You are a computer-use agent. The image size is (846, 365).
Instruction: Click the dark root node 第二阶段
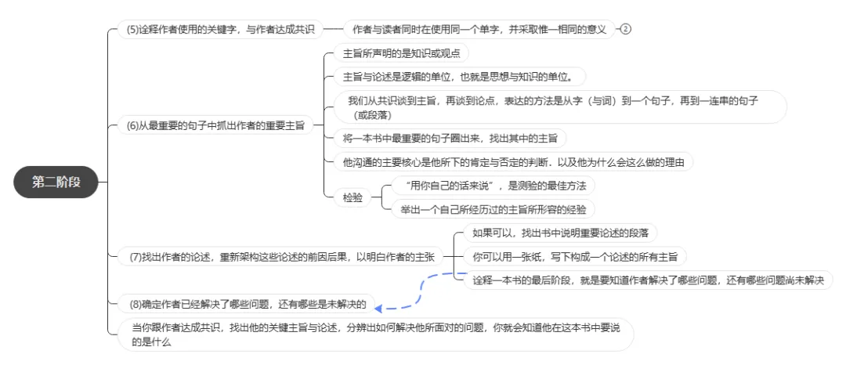click(x=54, y=182)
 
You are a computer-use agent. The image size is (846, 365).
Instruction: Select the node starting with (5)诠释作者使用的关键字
click(x=220, y=29)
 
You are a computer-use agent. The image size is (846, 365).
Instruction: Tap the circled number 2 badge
click(x=625, y=29)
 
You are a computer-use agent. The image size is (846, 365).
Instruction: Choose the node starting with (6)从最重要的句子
click(x=215, y=125)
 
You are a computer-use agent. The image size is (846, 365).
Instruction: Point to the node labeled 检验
click(x=352, y=197)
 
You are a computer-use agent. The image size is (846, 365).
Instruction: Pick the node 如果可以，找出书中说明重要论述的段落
click(x=559, y=233)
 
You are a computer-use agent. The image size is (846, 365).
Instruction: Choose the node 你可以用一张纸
click(x=575, y=256)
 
